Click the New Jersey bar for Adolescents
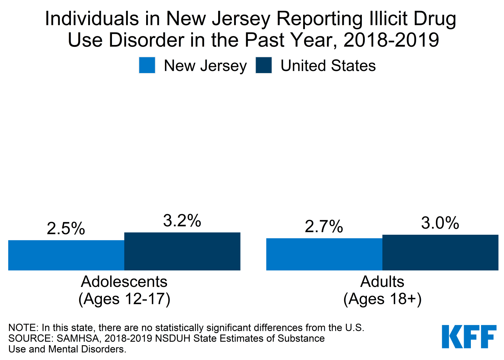click(66, 255)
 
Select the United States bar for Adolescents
click(182, 251)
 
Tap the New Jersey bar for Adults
click(324, 254)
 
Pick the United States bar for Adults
click(440, 252)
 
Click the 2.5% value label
click(66, 229)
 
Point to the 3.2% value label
click(182, 221)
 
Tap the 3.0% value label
click(440, 223)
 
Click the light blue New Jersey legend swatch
click(147, 66)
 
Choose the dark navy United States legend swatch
click(264, 66)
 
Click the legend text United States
click(328, 66)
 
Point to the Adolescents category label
click(124, 282)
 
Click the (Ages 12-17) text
click(124, 299)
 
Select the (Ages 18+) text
click(382, 299)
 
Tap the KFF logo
click(469, 337)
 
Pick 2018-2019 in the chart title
click(391, 40)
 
